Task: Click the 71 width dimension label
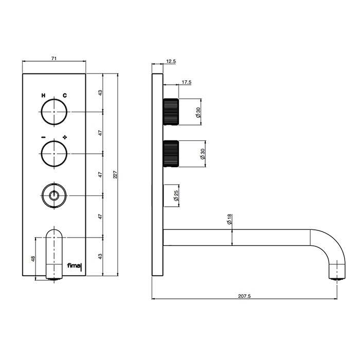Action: click(x=53, y=59)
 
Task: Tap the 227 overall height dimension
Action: click(x=116, y=174)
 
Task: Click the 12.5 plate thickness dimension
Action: click(x=171, y=62)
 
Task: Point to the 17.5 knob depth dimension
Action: click(x=186, y=82)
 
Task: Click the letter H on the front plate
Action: click(x=43, y=95)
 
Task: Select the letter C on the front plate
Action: click(x=65, y=95)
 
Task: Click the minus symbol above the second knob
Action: click(x=43, y=137)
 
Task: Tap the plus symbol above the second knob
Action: click(x=65, y=137)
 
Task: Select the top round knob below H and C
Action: click(x=54, y=112)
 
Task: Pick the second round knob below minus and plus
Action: click(x=54, y=154)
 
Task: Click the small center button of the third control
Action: click(x=54, y=195)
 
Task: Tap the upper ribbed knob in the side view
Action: click(x=171, y=111)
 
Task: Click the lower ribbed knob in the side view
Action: click(x=171, y=153)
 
